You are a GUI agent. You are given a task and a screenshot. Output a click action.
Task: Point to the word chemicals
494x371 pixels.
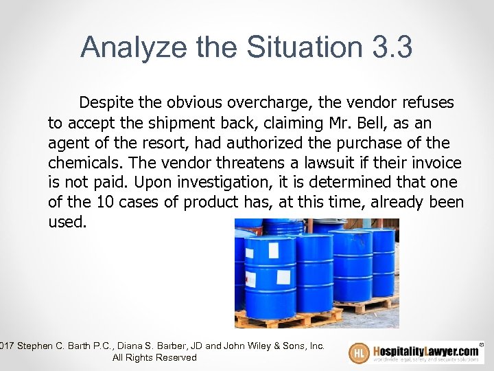click(80, 163)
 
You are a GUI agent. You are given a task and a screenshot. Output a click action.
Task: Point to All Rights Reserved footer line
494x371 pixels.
click(154, 357)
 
